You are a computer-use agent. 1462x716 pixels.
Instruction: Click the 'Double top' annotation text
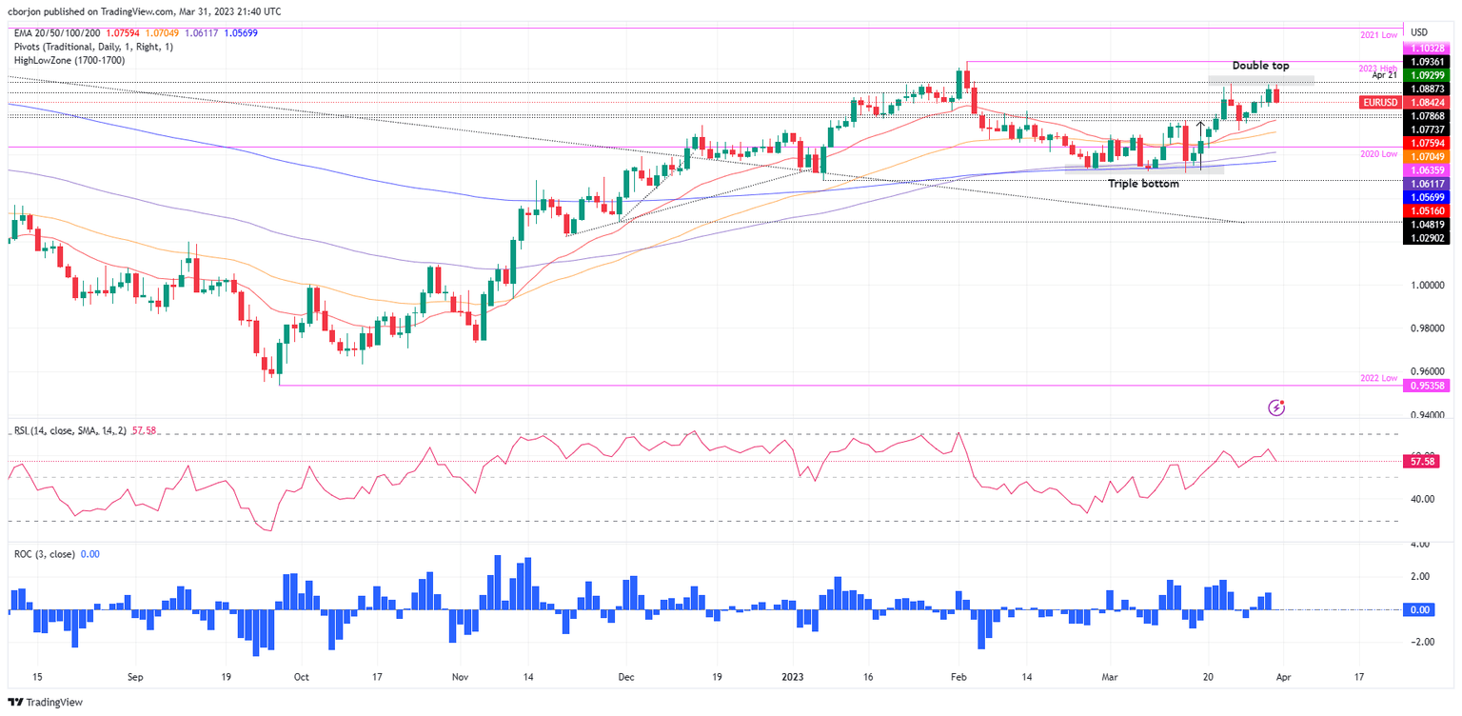(1260, 66)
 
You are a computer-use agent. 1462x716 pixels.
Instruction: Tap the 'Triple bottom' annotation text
(1143, 183)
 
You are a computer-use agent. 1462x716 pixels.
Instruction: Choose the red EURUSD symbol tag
(1377, 102)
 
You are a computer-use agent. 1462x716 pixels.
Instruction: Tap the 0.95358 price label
(1430, 386)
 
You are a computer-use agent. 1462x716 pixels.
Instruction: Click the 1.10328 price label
(1430, 48)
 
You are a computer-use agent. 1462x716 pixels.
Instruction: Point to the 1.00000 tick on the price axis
(1428, 285)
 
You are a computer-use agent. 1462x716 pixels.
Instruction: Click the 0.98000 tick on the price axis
(1428, 328)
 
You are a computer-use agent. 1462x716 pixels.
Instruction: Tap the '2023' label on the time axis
(793, 677)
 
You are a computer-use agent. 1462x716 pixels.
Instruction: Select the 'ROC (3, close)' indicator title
(45, 553)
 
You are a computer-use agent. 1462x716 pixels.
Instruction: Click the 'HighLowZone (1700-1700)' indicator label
(69, 60)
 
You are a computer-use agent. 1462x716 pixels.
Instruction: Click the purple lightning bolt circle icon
(1277, 408)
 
